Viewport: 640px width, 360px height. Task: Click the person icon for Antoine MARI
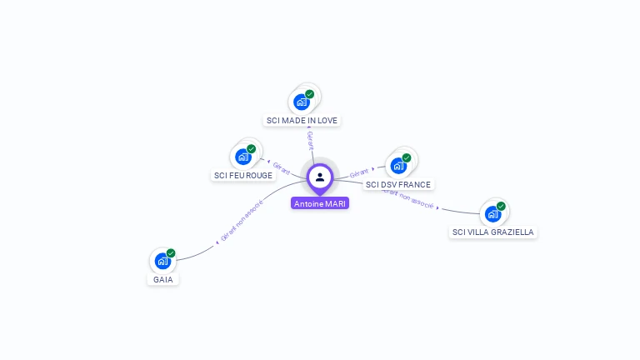(x=320, y=177)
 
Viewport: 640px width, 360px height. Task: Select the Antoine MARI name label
(x=320, y=203)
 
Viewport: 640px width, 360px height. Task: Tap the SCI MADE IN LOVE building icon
(x=301, y=102)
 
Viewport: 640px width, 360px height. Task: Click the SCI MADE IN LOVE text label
(x=302, y=121)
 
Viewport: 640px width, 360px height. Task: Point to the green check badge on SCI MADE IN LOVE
(x=310, y=94)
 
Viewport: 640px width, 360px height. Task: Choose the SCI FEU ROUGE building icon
(x=242, y=156)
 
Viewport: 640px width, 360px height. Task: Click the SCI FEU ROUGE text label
(x=243, y=176)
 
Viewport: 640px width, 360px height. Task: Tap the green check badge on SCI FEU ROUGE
(x=251, y=149)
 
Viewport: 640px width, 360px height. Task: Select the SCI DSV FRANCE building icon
(x=398, y=165)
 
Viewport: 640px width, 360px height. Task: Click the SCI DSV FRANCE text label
(x=398, y=184)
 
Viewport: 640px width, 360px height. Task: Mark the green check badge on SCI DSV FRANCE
(x=407, y=157)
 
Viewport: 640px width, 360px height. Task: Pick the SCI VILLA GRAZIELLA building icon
(x=492, y=213)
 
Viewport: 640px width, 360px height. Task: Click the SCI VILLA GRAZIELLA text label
(x=492, y=232)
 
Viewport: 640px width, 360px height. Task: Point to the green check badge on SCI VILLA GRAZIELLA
(x=501, y=206)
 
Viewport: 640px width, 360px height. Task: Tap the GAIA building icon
(x=162, y=260)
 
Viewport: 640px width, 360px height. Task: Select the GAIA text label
(x=163, y=279)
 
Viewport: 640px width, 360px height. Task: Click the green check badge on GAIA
(x=171, y=253)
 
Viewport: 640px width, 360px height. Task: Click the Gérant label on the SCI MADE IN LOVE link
(x=310, y=140)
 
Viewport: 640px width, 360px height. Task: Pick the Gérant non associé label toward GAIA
(x=242, y=221)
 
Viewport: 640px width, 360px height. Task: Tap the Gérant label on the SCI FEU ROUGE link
(x=281, y=167)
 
